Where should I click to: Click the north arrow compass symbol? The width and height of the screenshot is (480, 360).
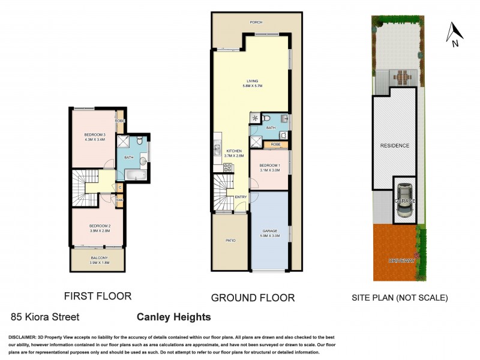[x=454, y=34]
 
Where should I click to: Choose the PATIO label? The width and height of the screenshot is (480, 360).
[x=230, y=241]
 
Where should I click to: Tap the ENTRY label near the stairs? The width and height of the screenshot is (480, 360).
[x=241, y=197]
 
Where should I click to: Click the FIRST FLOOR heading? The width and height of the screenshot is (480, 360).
[x=97, y=296]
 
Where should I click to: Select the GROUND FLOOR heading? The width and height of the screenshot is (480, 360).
[x=253, y=298]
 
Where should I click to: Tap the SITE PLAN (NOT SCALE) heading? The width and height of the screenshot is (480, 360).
[x=400, y=298]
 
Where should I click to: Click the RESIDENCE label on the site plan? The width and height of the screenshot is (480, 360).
[x=394, y=146]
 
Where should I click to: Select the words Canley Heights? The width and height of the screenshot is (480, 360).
[x=174, y=317]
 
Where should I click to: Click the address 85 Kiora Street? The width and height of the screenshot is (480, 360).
[x=45, y=317]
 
